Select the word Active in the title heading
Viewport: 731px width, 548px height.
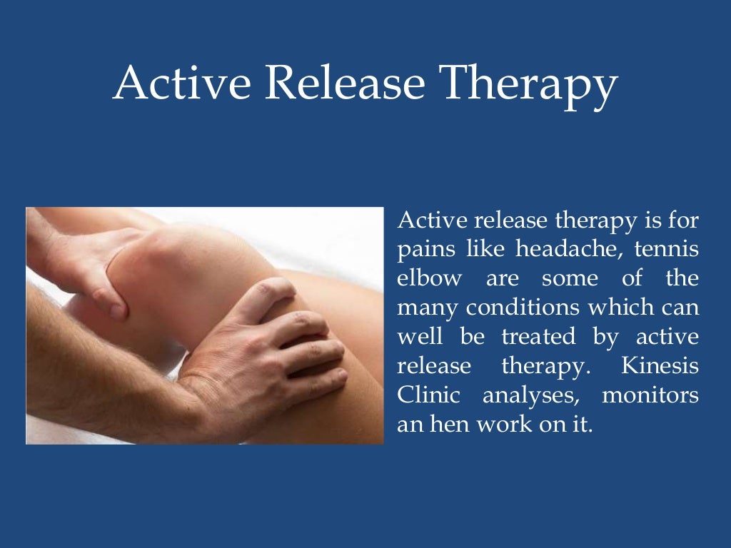pyautogui.click(x=181, y=83)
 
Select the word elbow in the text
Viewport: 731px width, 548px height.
pyautogui.click(x=429, y=278)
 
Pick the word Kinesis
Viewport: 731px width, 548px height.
pyautogui.click(x=660, y=366)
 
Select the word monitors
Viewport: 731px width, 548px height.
pyautogui.click(x=650, y=395)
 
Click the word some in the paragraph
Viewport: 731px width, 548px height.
pyautogui.click(x=567, y=278)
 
